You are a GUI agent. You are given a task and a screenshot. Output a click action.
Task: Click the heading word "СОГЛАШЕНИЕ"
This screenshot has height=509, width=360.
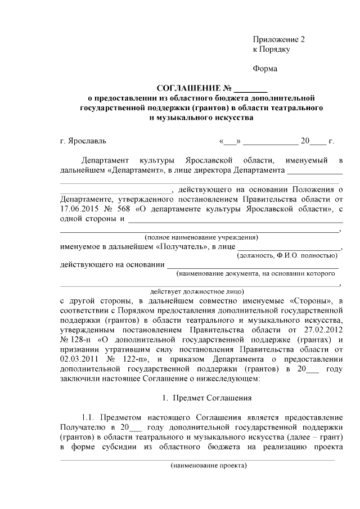188,88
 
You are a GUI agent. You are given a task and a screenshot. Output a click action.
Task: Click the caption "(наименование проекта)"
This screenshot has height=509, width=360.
209,466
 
